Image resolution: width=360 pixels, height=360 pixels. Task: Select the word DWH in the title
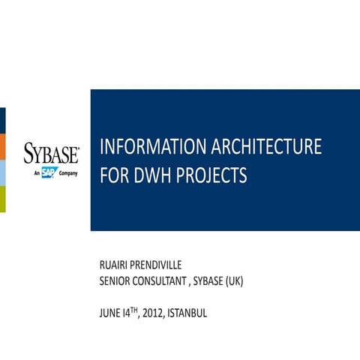[x=152, y=176]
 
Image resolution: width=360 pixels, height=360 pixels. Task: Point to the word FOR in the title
[x=113, y=176]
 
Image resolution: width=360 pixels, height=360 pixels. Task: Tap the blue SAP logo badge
[x=49, y=173]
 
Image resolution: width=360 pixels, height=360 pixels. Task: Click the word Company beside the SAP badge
[x=68, y=174]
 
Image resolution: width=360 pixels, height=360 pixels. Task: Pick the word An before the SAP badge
[x=37, y=174]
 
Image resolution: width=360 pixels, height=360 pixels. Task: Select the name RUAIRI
[x=117, y=265]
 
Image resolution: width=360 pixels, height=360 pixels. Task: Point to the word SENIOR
[x=116, y=281]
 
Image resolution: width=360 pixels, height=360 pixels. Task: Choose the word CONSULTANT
[x=169, y=281]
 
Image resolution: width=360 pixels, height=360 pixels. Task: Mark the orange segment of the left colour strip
[x=2, y=147]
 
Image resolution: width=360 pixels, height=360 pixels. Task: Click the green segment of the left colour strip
[x=2, y=199]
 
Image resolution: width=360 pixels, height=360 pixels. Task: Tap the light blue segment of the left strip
[x=2, y=173]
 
